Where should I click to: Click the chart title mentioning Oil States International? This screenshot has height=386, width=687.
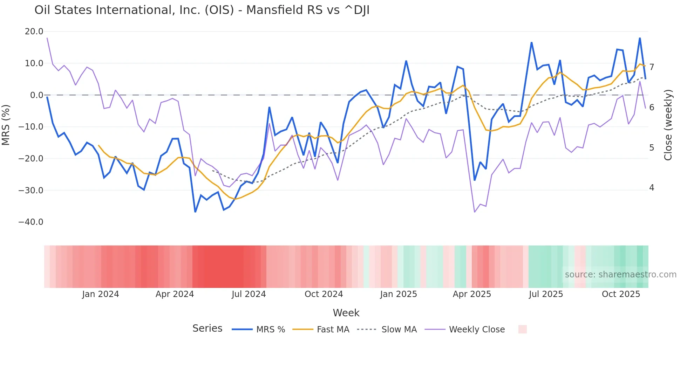202,10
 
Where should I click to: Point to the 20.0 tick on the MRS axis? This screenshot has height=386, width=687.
34,32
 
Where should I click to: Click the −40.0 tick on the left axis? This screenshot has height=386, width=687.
31,222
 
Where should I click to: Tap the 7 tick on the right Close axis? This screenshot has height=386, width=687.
652,67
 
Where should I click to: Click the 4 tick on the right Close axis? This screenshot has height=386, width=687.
652,188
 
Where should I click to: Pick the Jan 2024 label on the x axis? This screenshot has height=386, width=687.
101,294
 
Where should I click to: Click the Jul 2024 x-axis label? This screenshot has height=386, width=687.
249,294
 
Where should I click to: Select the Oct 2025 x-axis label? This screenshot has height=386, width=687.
621,294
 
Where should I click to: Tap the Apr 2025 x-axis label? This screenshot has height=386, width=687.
472,294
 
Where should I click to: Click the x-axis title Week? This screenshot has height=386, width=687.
346,313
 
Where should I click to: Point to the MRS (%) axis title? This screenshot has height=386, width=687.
6,125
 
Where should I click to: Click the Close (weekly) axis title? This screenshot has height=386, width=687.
668,125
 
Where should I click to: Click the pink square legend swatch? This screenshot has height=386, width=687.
522,329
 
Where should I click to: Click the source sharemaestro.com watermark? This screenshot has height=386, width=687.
620,275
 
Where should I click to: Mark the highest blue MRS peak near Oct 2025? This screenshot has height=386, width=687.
640,38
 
